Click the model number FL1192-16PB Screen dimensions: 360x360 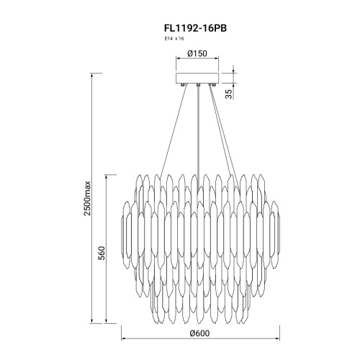(195, 28)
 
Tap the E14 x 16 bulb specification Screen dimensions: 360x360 (174, 39)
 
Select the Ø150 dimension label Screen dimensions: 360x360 (197, 53)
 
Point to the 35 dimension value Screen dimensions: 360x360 (230, 94)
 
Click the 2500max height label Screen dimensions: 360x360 (87, 198)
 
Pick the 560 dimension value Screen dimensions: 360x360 (102, 253)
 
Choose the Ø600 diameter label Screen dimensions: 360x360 (199, 333)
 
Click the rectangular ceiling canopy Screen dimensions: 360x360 (197, 78)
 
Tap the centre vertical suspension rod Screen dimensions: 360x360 (198, 137)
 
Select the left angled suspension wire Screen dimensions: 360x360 (174, 132)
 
